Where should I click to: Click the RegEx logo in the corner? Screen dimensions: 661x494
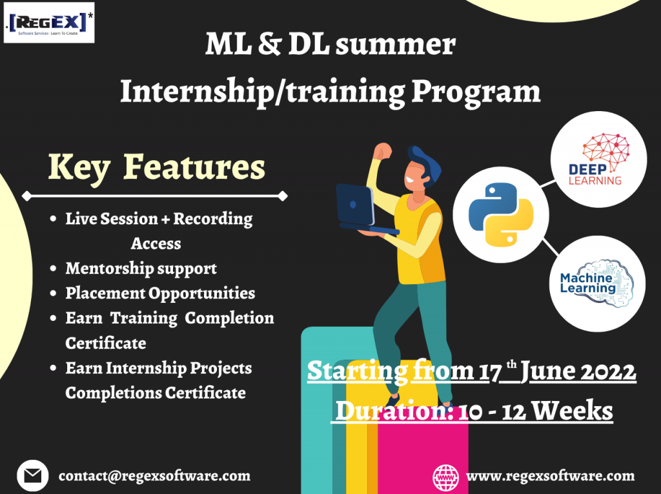point(49,23)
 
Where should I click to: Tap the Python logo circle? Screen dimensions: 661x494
point(501,215)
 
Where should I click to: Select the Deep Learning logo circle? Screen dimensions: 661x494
point(598,160)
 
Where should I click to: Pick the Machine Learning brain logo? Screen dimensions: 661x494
point(597,283)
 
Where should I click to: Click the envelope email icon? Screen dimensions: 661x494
point(32,475)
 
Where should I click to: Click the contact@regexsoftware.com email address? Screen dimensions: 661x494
point(154,476)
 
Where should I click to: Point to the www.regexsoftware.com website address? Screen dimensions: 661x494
point(550,476)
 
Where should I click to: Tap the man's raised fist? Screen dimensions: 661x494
point(383,150)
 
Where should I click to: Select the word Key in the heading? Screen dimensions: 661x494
point(79,167)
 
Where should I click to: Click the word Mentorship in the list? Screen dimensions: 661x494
point(110,268)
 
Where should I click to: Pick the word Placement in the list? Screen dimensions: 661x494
point(105,293)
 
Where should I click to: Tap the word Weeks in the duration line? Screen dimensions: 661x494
point(572,410)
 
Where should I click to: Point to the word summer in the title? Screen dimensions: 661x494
point(396,44)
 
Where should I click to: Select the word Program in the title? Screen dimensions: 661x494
point(476,92)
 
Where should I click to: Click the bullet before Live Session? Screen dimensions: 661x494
point(53,218)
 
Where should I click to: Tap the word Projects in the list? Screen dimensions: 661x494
point(221,368)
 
